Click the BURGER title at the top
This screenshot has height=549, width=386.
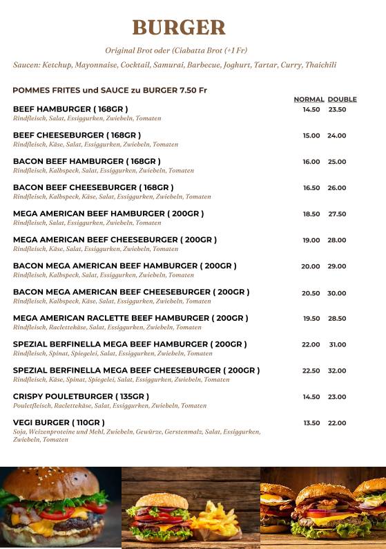point(179,28)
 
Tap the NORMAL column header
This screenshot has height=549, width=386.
point(309,100)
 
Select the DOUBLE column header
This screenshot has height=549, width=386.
point(342,100)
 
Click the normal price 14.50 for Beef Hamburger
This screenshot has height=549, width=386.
point(311,109)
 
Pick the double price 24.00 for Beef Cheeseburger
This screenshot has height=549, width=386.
point(337,136)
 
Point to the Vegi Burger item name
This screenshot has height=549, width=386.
point(59,422)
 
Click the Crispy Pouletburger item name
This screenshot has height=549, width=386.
point(81,396)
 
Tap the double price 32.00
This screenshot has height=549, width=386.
point(337,371)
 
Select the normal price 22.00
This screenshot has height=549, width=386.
point(311,344)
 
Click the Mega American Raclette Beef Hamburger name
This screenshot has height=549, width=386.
point(131,318)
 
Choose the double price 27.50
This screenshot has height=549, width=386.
point(337,214)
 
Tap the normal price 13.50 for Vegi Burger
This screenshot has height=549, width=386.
point(311,422)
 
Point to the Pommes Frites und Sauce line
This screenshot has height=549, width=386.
point(110,91)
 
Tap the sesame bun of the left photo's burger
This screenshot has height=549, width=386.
point(59,481)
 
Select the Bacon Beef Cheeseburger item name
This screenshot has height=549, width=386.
point(93,187)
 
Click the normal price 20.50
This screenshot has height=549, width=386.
point(311,293)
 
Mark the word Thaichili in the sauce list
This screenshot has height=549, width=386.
point(320,65)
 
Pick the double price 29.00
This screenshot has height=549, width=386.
point(337,266)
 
